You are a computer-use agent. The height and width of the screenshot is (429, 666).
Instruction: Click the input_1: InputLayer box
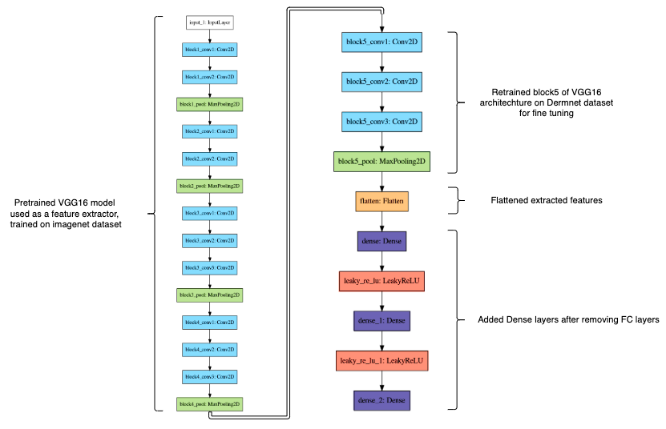coord(209,22)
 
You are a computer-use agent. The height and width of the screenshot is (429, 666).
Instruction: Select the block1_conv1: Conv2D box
coord(209,50)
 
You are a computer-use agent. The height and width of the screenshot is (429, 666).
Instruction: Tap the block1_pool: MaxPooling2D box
coord(209,104)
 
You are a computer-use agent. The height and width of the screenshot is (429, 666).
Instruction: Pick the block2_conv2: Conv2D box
coord(209,158)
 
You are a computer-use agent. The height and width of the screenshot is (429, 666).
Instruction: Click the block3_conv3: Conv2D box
coord(209,267)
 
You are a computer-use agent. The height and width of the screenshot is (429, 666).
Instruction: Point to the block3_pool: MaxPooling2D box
coord(209,295)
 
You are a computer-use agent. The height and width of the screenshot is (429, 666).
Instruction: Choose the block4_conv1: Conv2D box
coord(209,322)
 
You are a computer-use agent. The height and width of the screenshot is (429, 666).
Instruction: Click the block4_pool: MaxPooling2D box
coord(209,404)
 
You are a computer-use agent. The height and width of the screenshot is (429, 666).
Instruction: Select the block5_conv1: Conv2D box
coord(381,42)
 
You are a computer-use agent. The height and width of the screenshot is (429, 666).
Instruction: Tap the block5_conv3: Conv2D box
coord(381,122)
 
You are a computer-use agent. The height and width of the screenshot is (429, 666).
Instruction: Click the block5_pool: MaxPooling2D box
coord(381,161)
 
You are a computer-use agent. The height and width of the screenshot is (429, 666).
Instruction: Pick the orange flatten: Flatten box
coord(381,201)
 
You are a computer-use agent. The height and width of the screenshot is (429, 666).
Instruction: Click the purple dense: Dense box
coord(381,241)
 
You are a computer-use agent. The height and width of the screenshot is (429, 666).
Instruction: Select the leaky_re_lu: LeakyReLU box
coord(381,281)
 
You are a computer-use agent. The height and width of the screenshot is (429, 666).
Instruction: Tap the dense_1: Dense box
coord(381,320)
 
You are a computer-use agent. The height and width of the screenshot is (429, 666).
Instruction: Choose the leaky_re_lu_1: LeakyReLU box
coord(381,360)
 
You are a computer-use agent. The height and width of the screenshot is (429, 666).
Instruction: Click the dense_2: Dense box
coord(381,400)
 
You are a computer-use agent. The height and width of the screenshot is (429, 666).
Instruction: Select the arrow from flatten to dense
coord(381,221)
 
